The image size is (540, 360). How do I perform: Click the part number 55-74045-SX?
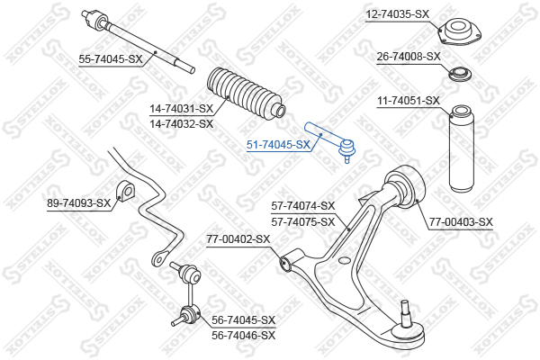click(110, 59)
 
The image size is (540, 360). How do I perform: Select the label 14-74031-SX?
click(182, 109)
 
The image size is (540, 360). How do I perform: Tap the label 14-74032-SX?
click(182, 123)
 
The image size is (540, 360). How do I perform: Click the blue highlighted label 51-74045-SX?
click(278, 145)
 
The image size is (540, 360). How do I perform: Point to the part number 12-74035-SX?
click(398, 14)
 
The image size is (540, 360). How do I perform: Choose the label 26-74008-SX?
click(409, 56)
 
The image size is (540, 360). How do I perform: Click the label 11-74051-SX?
click(409, 101)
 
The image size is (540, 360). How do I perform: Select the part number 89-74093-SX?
click(79, 203)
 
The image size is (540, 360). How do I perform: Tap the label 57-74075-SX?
click(303, 222)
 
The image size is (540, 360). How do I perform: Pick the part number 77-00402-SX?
click(238, 238)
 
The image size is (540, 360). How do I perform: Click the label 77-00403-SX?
click(461, 222)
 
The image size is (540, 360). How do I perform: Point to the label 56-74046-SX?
click(244, 335)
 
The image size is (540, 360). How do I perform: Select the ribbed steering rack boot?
click(246, 94)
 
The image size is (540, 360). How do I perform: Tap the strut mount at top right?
click(459, 32)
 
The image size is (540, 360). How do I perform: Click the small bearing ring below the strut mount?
click(460, 75)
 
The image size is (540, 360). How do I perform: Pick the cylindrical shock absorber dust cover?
click(462, 148)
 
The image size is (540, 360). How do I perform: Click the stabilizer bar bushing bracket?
click(125, 190)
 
